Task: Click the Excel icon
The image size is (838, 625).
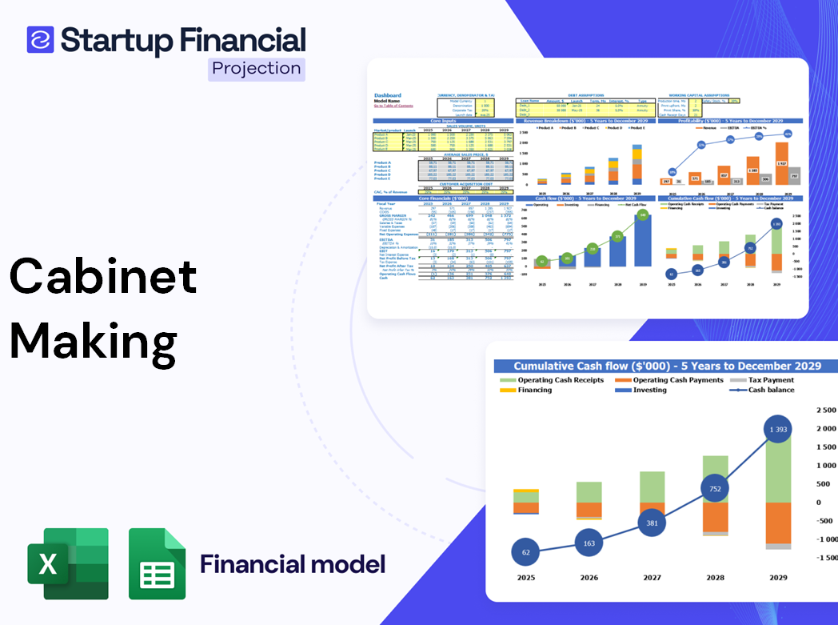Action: tap(68, 563)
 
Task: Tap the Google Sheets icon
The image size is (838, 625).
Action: tap(158, 563)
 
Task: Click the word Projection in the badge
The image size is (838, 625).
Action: tap(257, 69)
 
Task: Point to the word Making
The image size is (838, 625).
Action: tap(94, 342)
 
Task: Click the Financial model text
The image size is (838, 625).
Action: tap(293, 564)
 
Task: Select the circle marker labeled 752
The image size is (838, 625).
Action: tap(716, 489)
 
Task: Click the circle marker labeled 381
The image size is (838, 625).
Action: tap(652, 523)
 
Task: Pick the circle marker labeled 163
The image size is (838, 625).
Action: tap(589, 543)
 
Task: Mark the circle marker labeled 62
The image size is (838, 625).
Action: tap(525, 551)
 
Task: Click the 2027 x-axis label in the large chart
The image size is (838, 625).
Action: tap(652, 577)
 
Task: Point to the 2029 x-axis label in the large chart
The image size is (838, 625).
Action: tap(778, 577)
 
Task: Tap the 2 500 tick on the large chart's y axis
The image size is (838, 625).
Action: tap(824, 410)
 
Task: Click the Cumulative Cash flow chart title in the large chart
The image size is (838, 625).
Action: tap(667, 366)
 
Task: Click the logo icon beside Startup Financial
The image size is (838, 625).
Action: tap(40, 39)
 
